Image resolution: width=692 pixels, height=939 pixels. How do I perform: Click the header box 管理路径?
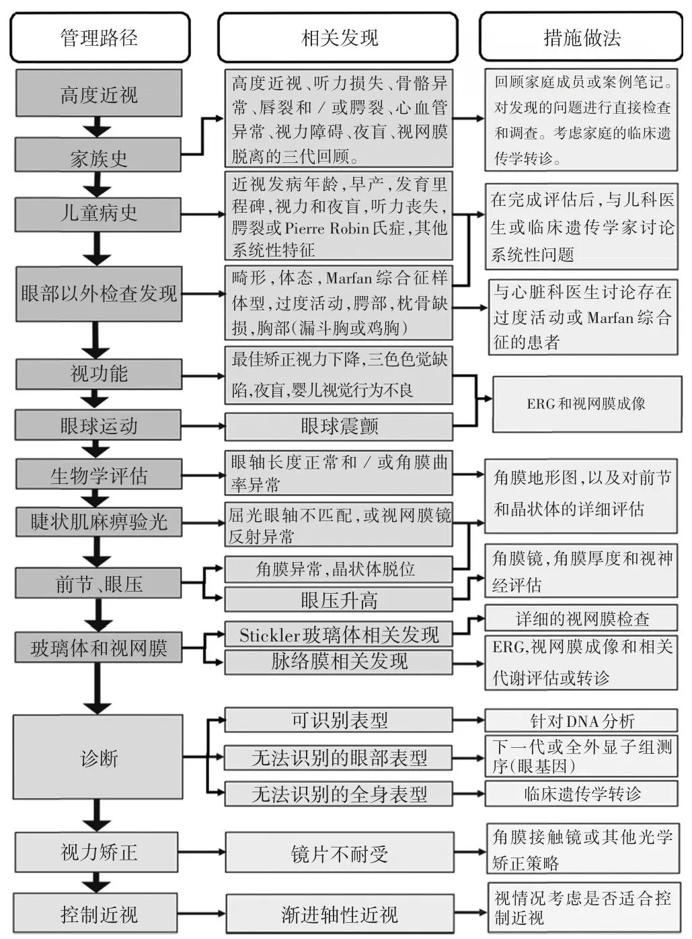click(x=100, y=38)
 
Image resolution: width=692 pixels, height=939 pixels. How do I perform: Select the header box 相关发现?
click(x=338, y=38)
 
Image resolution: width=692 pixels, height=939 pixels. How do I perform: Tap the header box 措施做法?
click(x=581, y=38)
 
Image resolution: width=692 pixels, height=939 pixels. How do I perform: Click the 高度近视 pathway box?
click(x=99, y=94)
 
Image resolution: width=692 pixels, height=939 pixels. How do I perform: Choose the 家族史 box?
click(x=99, y=158)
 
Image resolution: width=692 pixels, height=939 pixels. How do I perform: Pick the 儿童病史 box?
click(x=99, y=213)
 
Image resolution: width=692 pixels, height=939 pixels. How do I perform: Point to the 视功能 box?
click(x=99, y=374)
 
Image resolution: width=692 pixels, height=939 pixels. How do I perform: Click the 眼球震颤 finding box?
click(x=338, y=426)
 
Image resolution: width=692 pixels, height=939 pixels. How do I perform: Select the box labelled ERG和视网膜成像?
click(x=585, y=403)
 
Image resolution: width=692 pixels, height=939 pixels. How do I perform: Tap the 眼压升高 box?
click(x=338, y=600)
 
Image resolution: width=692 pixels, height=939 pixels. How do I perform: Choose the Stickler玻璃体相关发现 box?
click(x=338, y=635)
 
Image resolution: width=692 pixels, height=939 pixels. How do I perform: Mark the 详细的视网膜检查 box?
click(x=581, y=619)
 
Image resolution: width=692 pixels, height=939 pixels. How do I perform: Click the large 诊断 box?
click(x=99, y=758)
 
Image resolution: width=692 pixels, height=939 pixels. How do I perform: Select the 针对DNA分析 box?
click(x=581, y=721)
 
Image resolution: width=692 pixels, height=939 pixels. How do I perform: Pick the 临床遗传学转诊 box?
click(x=581, y=794)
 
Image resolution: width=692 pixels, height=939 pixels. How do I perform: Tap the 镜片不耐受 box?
click(x=338, y=854)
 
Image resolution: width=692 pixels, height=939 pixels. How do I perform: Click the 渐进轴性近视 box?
click(x=338, y=914)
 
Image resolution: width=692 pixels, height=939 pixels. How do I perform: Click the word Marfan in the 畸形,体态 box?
click(x=350, y=277)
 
